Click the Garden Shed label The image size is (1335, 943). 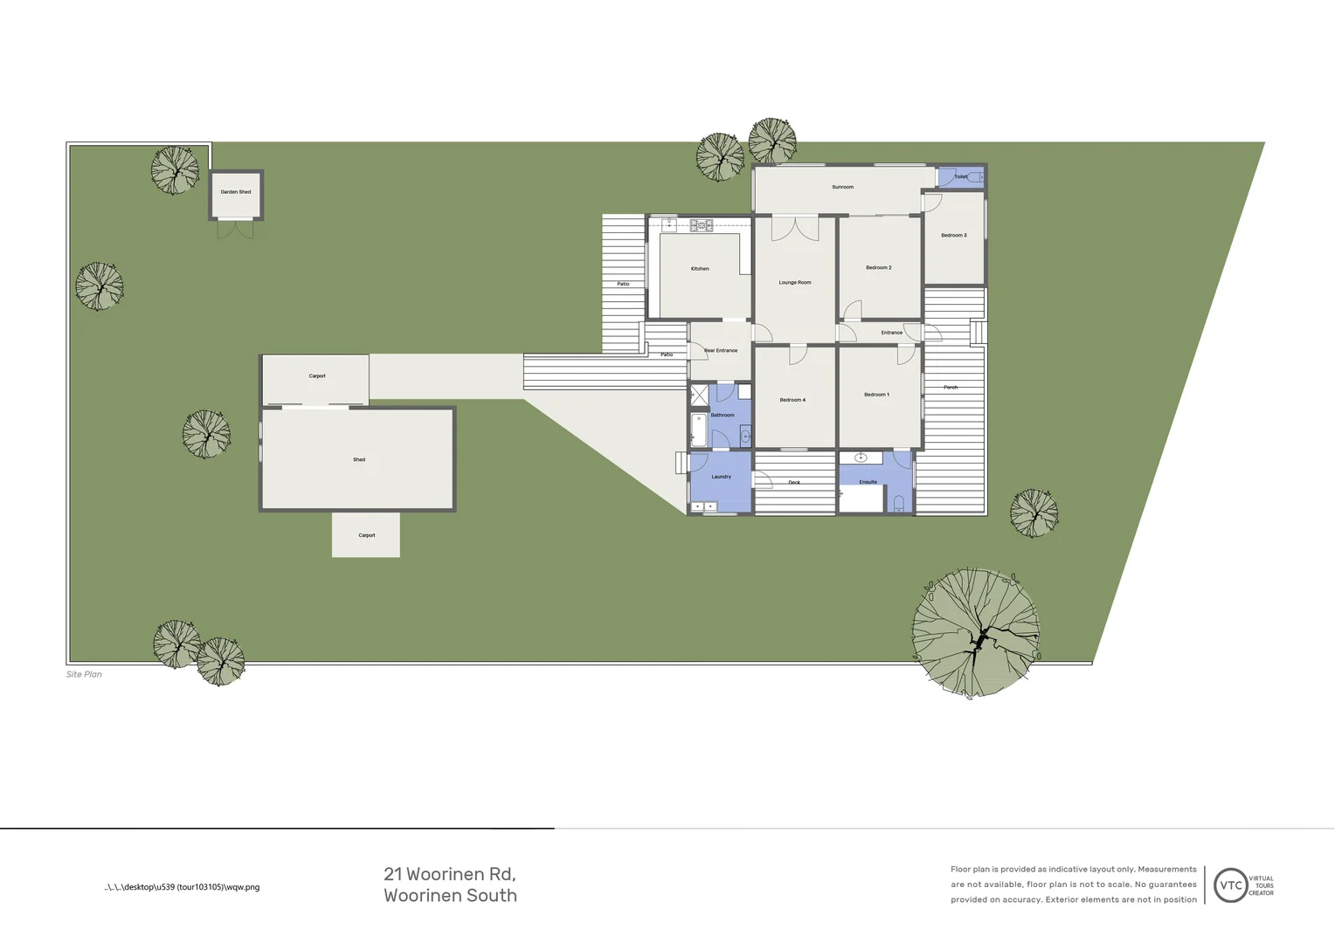tap(235, 192)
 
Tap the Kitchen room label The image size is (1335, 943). tap(700, 269)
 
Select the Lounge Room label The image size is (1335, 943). tap(795, 283)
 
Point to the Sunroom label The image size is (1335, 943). tap(842, 187)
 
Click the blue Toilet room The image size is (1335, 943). tap(960, 176)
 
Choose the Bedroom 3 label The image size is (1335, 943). tap(953, 236)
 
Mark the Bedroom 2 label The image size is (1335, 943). tap(878, 268)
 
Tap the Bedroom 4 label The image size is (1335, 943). tap(792, 400)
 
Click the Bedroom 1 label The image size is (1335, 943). tap(876, 395)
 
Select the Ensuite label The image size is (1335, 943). tap(868, 482)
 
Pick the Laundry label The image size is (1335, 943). tap(721, 477)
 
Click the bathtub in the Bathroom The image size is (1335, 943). tap(699, 430)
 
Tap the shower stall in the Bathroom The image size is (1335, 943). tap(700, 395)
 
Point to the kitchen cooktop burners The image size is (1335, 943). tap(702, 225)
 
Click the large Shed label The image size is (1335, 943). tap(359, 459)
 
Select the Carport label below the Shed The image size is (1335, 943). tap(366, 535)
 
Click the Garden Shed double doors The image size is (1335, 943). tap(235, 229)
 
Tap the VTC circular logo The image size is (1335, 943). tap(1230, 885)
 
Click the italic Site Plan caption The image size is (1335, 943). tap(84, 674)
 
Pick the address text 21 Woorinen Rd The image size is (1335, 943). tap(449, 874)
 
